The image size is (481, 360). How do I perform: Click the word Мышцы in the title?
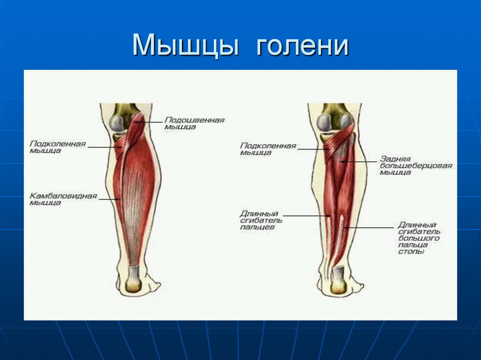184,46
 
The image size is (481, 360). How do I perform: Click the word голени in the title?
302,46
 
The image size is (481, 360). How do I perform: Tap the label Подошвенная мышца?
194,123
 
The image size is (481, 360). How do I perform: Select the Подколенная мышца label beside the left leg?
58,147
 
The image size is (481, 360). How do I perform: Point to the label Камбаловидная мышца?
63,199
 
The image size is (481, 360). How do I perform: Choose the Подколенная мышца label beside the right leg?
268,149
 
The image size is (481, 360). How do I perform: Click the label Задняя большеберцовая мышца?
415,166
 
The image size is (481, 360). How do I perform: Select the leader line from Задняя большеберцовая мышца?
359,162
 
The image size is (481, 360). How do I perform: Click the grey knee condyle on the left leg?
117,123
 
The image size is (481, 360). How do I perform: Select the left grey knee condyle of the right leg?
324,123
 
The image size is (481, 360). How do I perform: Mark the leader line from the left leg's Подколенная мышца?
104,147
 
